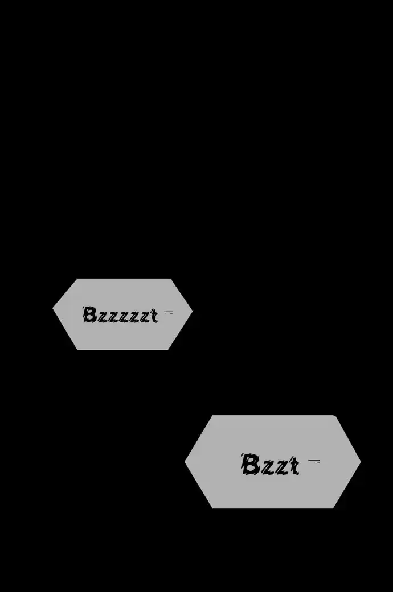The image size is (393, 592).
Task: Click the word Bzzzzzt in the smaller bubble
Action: pyautogui.click(x=120, y=315)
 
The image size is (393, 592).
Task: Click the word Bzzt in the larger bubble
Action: pyautogui.click(x=270, y=465)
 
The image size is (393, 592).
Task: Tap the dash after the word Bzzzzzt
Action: pyautogui.click(x=169, y=312)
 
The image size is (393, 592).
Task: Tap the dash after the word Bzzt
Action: pyautogui.click(x=314, y=461)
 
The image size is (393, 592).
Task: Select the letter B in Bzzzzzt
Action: pyautogui.click(x=89, y=315)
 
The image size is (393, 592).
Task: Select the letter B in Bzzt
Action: pyautogui.click(x=251, y=465)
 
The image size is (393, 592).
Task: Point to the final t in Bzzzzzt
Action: pyautogui.click(x=154, y=316)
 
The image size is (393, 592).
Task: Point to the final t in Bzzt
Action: pyautogui.click(x=294, y=466)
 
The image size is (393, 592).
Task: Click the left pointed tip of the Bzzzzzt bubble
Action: pyautogui.click(x=52, y=309)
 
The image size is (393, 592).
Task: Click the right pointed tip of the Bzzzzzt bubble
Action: pyautogui.click(x=193, y=312)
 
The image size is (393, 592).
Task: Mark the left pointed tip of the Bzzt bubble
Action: pyautogui.click(x=185, y=461)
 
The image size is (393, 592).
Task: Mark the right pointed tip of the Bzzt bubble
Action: pyautogui.click(x=361, y=461)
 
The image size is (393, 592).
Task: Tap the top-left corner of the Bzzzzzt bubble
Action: pyautogui.click(x=77, y=279)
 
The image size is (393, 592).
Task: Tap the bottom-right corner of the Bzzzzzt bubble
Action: pyautogui.click(x=168, y=350)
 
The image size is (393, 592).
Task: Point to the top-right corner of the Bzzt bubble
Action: pyautogui.click(x=334, y=416)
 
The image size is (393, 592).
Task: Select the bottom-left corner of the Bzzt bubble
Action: pyautogui.click(x=212, y=508)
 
